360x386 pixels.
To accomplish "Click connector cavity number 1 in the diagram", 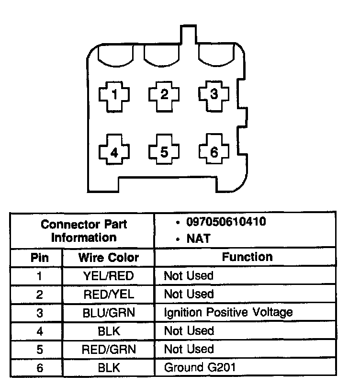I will pos(114,94).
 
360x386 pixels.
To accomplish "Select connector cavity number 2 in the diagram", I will pos(164,94).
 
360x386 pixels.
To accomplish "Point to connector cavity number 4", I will pos(114,153).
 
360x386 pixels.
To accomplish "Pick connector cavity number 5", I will pos(164,153).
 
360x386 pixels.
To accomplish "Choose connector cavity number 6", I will pos(214,152).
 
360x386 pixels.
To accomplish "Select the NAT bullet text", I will pos(199,238).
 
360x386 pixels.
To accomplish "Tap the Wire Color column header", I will pos(108,258).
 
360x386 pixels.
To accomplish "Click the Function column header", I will pos(247,257).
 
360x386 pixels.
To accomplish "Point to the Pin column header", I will pos(39,258).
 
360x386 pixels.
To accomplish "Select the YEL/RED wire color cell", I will pos(108,276).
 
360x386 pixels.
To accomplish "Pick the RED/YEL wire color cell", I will pos(108,294).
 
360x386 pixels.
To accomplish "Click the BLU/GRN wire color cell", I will pos(108,313).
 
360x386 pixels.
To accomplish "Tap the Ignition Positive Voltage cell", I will pos(228,313).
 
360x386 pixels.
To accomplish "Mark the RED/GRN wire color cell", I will pos(108,350).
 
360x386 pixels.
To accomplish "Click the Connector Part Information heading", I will pos(84,230).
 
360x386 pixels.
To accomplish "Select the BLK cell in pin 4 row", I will pos(108,331).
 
